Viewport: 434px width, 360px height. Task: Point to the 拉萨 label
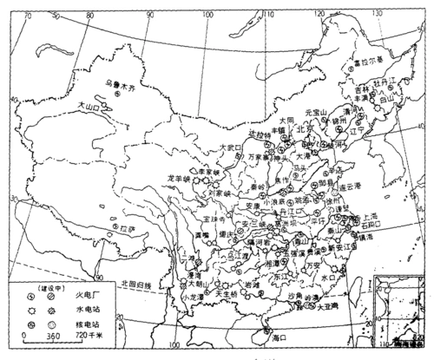128,230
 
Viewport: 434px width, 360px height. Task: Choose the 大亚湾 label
327,305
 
